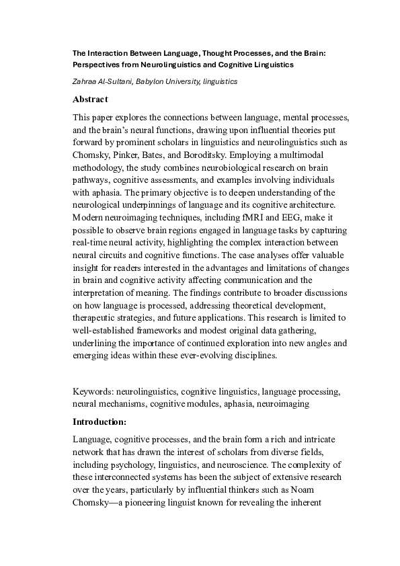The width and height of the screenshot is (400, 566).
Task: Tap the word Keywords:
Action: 93,391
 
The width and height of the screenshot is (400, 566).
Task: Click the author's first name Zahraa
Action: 85,81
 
